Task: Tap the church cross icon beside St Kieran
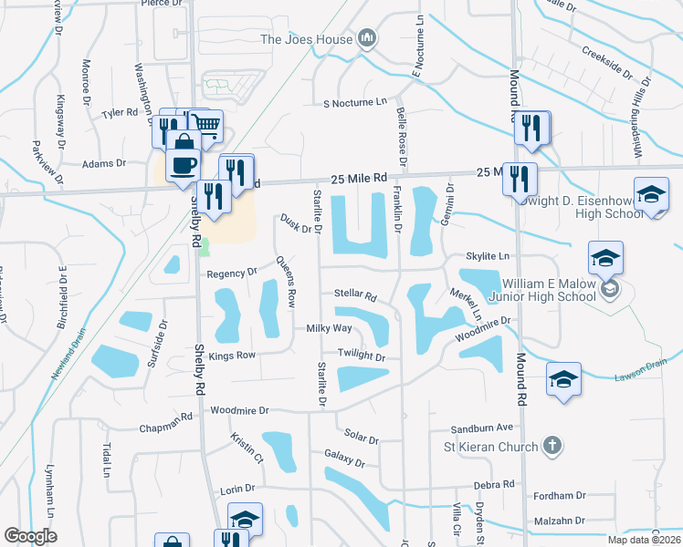click(x=551, y=446)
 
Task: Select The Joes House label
click(x=306, y=38)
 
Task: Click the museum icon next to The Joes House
click(x=366, y=37)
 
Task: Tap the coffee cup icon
click(x=184, y=165)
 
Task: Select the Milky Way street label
click(x=329, y=328)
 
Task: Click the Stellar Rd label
click(x=355, y=296)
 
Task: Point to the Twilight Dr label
click(x=363, y=358)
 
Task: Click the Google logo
click(x=30, y=536)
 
